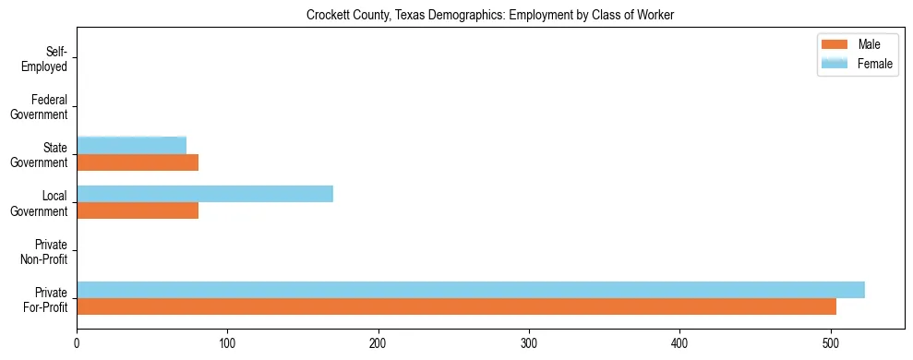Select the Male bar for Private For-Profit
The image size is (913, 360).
pyautogui.click(x=456, y=306)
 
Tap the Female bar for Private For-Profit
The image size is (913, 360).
pyautogui.click(x=470, y=290)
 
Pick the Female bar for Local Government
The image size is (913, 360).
pyautogui.click(x=204, y=194)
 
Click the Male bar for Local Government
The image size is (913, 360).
pyautogui.click(x=138, y=210)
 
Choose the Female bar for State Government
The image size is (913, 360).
pyautogui.click(x=131, y=145)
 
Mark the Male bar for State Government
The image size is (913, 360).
pyautogui.click(x=138, y=162)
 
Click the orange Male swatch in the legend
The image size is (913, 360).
pyautogui.click(x=834, y=45)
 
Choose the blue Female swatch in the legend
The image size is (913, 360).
pyautogui.click(x=834, y=63)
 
